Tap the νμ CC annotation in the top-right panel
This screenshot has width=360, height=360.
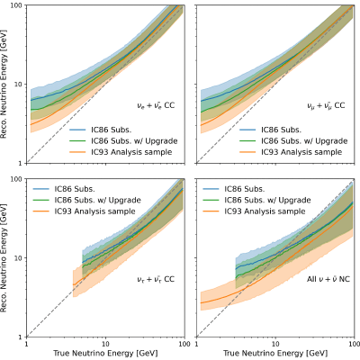(326, 105)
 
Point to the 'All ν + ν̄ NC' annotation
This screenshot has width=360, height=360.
(328, 279)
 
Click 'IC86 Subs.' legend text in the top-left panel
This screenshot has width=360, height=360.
(112, 130)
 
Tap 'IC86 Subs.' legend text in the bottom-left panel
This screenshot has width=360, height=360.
(75, 189)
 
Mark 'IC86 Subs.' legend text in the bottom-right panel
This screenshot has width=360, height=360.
(245, 189)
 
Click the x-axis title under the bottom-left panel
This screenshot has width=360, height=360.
(105, 353)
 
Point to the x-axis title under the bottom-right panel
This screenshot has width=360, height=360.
(275, 353)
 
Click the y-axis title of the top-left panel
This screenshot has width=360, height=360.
(4, 84)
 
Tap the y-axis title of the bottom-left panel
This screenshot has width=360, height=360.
(4, 257)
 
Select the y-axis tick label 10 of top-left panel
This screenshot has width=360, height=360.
(19, 85)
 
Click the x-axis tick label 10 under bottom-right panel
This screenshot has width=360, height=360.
(275, 344)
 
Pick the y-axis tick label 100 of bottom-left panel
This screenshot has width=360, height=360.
(17, 179)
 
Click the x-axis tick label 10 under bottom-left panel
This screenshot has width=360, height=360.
(105, 344)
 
